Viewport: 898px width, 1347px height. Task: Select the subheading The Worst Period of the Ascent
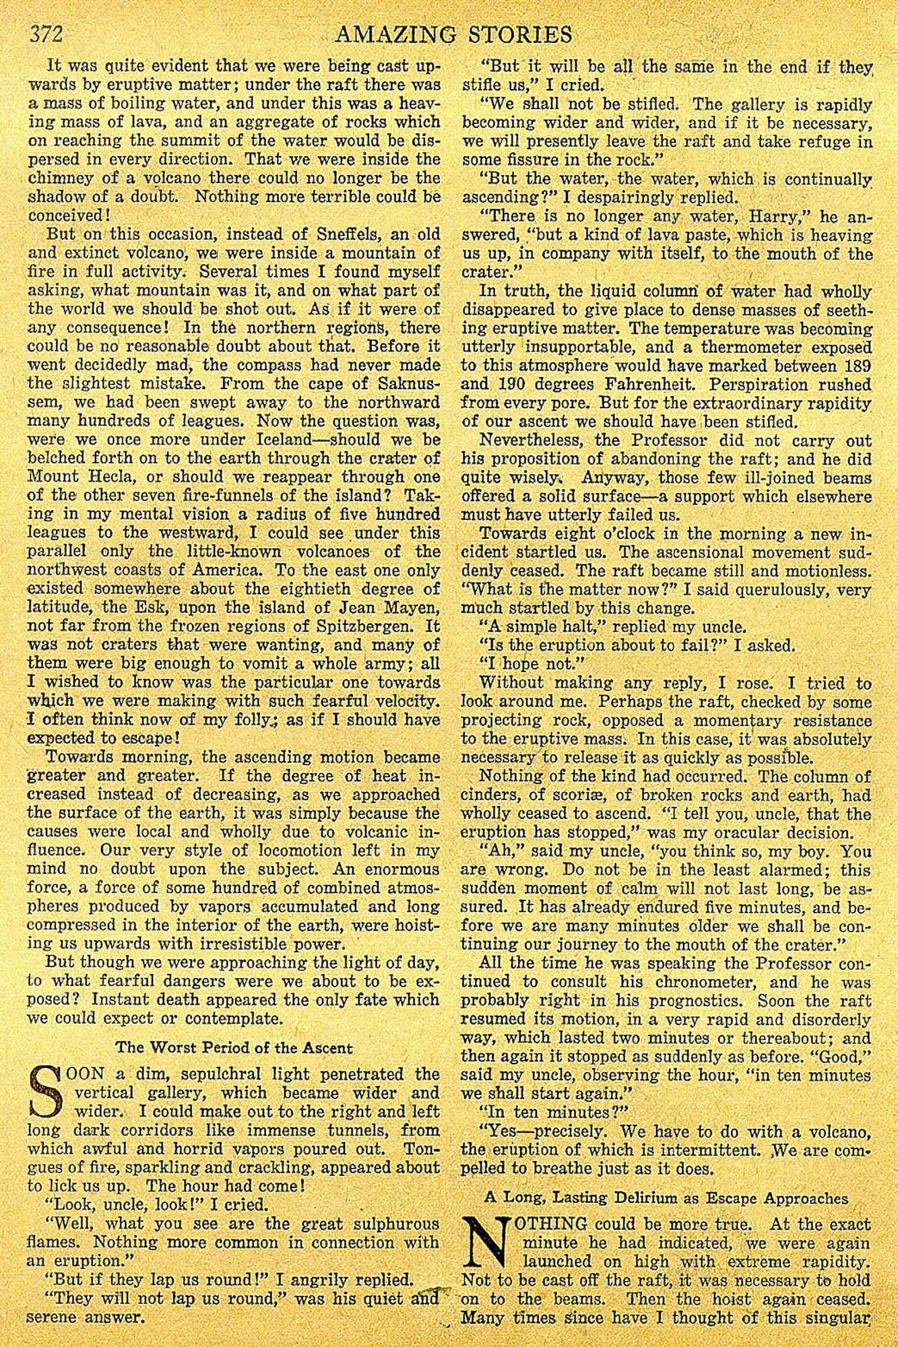click(234, 1047)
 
